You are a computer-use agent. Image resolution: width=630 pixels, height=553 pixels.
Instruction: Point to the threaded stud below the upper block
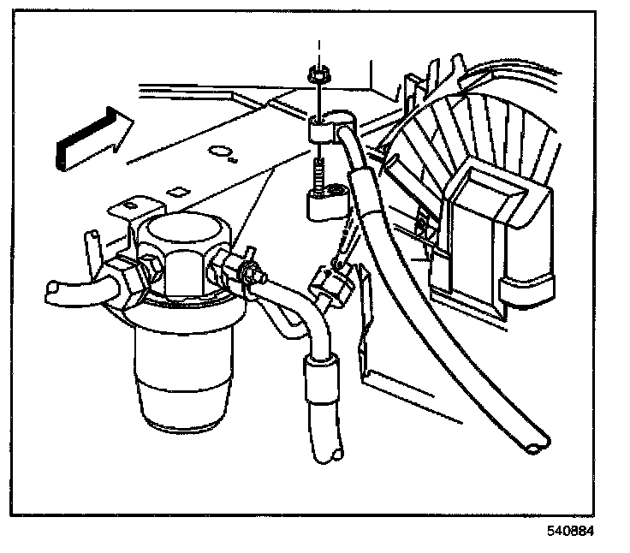[x=319, y=180]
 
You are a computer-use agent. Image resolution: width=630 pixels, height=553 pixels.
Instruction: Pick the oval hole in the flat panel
[x=223, y=155]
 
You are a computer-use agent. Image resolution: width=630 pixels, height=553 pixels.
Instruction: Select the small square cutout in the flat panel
[x=179, y=188]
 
